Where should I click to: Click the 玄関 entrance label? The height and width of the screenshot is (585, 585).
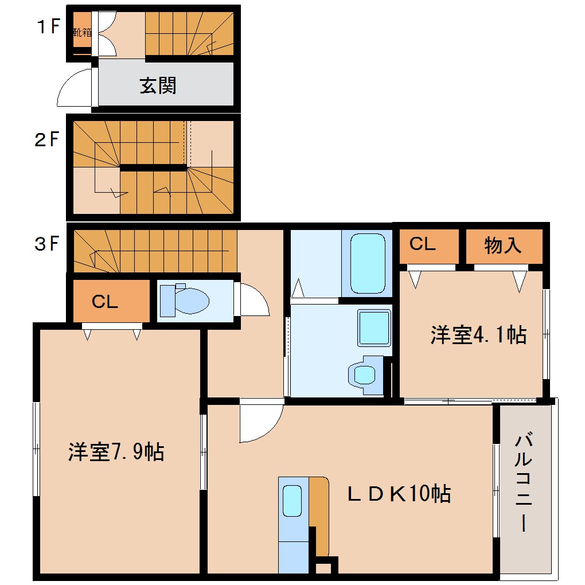pyautogui.click(x=158, y=86)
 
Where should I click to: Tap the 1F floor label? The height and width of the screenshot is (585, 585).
pyautogui.click(x=47, y=27)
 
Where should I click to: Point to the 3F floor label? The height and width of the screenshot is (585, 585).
pyautogui.click(x=47, y=244)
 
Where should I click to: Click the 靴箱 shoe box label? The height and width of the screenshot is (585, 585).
pyautogui.click(x=82, y=32)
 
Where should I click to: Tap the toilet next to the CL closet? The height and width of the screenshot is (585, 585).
pyautogui.click(x=185, y=300)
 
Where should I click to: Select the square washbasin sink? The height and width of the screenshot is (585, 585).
pyautogui.click(x=374, y=328)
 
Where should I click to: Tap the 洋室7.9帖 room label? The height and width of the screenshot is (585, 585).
pyautogui.click(x=116, y=452)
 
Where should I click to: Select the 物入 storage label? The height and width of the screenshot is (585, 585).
pyautogui.click(x=503, y=245)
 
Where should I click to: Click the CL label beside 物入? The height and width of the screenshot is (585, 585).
pyautogui.click(x=423, y=244)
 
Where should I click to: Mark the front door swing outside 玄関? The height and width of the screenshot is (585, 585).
pyautogui.click(x=75, y=89)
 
